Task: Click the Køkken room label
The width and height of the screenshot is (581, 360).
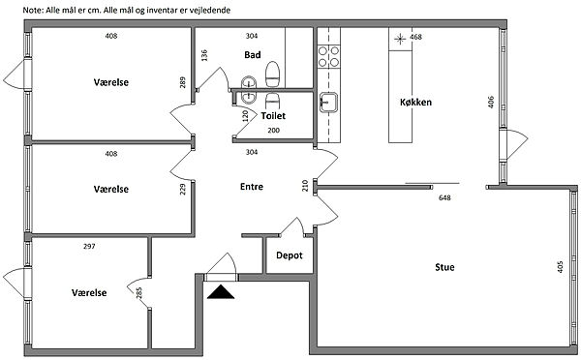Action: click(415, 102)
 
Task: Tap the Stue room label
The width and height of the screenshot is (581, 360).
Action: click(444, 267)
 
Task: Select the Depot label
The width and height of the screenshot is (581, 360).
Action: click(290, 255)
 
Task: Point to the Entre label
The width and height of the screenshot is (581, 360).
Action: click(252, 187)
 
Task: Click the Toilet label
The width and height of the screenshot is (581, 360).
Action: click(273, 115)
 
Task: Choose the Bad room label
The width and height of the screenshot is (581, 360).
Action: click(253, 55)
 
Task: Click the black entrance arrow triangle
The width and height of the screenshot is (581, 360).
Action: click(221, 292)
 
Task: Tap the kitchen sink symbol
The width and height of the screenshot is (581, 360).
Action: click(328, 102)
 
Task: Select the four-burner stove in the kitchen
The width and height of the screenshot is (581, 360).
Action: click(328, 56)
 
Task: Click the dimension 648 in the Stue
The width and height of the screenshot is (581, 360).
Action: click(444, 197)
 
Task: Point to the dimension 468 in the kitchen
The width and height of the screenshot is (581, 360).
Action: click(415, 37)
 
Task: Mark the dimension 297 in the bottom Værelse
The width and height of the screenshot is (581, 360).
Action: click(89, 246)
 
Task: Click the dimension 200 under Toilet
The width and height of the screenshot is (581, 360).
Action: click(273, 130)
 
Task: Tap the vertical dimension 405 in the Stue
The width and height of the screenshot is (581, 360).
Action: click(560, 267)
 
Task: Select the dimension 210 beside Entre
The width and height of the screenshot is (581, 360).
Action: click(305, 186)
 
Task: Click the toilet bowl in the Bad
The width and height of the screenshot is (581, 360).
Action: click(272, 75)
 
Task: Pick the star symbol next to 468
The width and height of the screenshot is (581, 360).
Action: click(400, 39)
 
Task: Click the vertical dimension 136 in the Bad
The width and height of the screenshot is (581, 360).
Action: click(204, 55)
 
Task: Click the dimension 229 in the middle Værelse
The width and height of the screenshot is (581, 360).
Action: click(182, 190)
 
